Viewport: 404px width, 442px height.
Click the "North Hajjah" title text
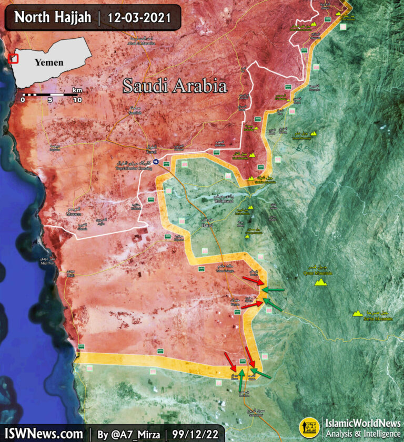(53, 17)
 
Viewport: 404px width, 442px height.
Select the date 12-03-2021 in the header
(139, 17)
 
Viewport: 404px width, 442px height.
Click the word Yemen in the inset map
(49, 62)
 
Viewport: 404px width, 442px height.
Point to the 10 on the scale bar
(77, 100)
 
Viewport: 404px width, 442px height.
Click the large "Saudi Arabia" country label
(175, 86)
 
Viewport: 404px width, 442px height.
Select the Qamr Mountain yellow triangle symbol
(320, 282)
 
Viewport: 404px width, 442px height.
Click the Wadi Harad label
(223, 201)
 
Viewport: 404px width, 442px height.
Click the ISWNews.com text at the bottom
(44, 434)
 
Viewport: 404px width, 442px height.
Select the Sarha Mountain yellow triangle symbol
(358, 313)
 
